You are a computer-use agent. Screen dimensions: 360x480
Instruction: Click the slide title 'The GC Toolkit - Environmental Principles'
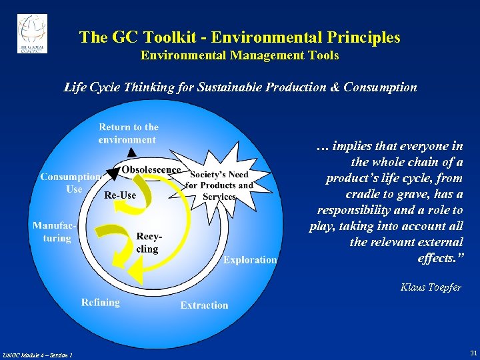(x=239, y=37)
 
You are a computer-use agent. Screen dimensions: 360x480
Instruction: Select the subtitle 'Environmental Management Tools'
(x=239, y=55)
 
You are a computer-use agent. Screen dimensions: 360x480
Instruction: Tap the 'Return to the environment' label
(x=128, y=133)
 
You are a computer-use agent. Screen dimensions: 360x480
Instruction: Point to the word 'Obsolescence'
(x=151, y=169)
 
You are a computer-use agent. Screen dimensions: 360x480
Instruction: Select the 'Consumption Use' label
(x=70, y=183)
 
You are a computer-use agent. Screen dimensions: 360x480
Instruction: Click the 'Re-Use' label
(x=120, y=195)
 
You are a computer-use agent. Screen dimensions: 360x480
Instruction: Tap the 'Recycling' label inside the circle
(x=147, y=243)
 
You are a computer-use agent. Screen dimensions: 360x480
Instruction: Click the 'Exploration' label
(x=250, y=259)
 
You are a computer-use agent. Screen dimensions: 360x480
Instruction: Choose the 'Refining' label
(x=101, y=302)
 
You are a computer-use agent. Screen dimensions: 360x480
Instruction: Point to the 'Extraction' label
(x=204, y=305)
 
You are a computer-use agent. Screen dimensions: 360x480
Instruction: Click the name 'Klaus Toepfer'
(x=431, y=287)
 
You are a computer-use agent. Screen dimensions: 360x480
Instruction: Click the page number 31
(x=473, y=352)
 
